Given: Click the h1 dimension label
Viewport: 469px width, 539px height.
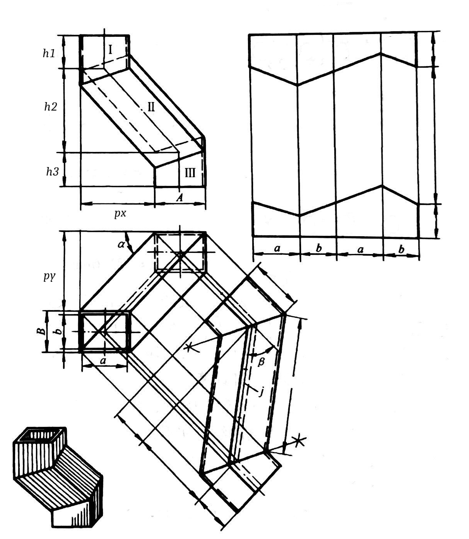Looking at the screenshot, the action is [49, 53].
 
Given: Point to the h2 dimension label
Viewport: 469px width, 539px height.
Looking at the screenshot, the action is [51, 107].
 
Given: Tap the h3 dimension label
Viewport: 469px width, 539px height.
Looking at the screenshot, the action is [53, 172].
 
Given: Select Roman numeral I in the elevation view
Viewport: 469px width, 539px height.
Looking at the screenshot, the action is [110, 49].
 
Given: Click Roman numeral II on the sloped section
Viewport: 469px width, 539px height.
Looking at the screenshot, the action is [151, 107].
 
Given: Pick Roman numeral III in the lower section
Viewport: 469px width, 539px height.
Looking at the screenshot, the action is [190, 173].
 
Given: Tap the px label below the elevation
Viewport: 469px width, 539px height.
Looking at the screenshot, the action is [120, 213].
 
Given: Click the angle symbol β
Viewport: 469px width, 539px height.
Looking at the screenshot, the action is [261, 362].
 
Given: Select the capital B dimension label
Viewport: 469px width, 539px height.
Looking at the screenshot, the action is [41, 331].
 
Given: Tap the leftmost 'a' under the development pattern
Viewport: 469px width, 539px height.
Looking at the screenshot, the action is [277, 248].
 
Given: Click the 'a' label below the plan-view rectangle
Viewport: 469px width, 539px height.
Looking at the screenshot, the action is [103, 361].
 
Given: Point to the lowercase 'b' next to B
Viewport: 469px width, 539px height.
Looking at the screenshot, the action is [60, 331].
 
